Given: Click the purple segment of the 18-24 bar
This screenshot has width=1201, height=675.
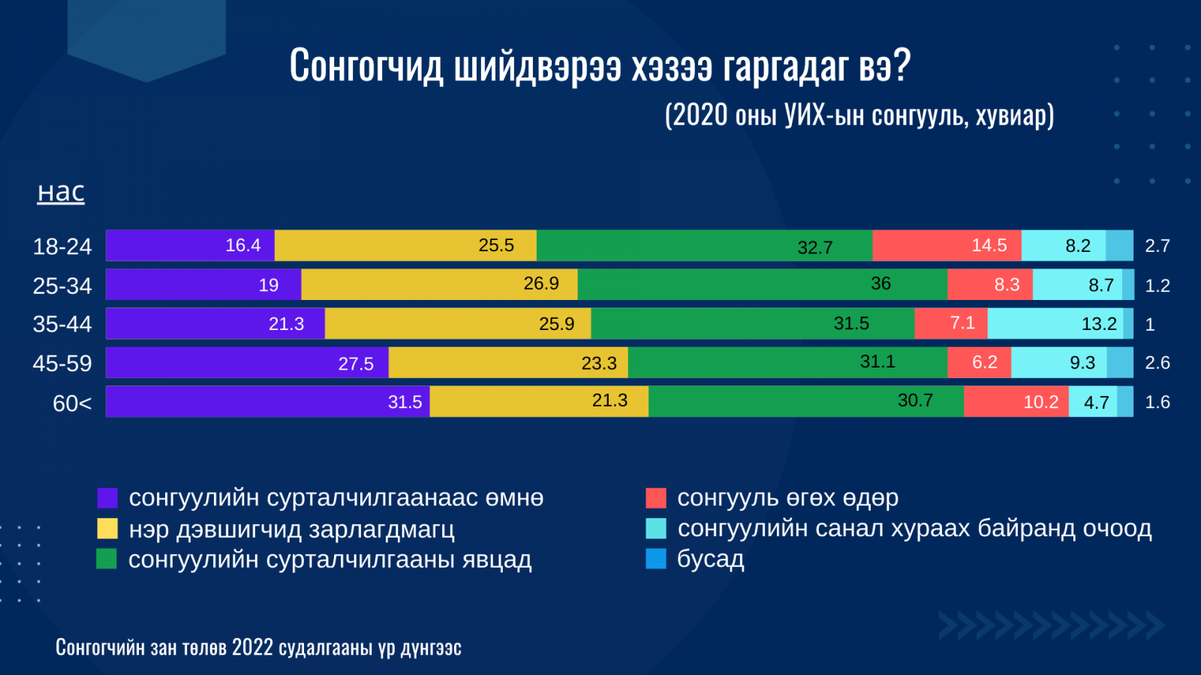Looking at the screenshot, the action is [191, 245].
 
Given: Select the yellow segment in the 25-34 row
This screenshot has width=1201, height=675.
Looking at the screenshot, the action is [440, 284].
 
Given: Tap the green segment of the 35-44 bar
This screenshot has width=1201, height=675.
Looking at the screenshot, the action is [753, 323].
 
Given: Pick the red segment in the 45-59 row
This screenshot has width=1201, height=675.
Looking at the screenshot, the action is [979, 363].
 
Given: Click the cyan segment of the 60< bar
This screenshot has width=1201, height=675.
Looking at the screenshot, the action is [1093, 401].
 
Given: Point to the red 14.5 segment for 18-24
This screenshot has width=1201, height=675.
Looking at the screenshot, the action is [947, 245].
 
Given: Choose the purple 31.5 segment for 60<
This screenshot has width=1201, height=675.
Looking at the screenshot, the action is [268, 401].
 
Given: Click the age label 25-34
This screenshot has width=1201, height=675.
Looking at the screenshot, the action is [62, 286].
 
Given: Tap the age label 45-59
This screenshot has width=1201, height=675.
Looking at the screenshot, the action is [62, 363].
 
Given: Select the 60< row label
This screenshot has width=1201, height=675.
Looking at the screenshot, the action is [72, 403].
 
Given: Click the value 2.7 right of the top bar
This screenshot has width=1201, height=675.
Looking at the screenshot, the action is [1157, 246].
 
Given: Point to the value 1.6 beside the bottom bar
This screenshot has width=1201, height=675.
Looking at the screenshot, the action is [1157, 402].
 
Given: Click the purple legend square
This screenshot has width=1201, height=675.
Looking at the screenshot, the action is [107, 498].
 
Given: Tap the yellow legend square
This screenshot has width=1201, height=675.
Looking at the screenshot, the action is [107, 528].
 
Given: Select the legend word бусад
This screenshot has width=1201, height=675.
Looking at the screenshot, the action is [710, 559].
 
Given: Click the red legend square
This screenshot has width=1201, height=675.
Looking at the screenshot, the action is [656, 498].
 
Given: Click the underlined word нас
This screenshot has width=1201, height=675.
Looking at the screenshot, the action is [61, 193].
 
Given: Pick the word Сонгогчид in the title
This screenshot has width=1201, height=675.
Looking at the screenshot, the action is [366, 65].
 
